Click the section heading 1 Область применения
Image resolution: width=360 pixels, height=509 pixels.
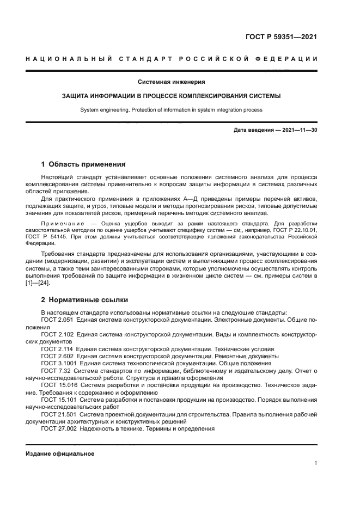coord(84,164)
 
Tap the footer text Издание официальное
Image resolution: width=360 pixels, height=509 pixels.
coord(60,453)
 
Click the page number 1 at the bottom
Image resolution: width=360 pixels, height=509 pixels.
coord(316,463)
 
